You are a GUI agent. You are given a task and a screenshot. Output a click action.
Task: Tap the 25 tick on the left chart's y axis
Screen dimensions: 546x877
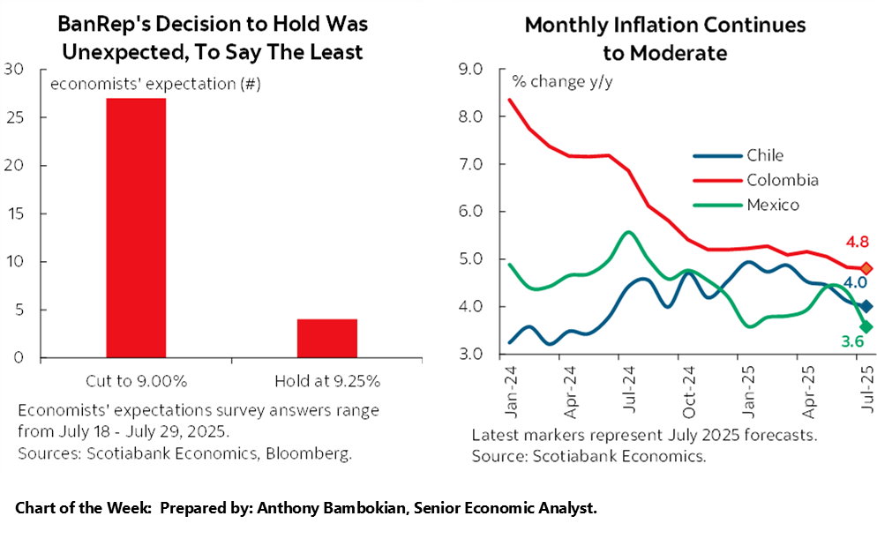click(13, 117)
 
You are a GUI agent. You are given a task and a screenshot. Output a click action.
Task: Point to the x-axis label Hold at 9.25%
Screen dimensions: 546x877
click(326, 381)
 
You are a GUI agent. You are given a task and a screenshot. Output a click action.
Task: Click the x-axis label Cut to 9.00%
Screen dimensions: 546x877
click(136, 381)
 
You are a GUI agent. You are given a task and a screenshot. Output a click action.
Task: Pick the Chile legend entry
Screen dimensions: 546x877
click(764, 155)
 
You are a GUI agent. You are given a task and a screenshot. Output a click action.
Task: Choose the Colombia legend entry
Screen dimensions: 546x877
click(782, 180)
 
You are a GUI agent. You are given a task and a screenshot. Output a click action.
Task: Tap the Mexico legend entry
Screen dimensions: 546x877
click(772, 205)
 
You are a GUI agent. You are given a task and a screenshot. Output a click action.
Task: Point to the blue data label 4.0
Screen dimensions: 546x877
click(855, 283)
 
